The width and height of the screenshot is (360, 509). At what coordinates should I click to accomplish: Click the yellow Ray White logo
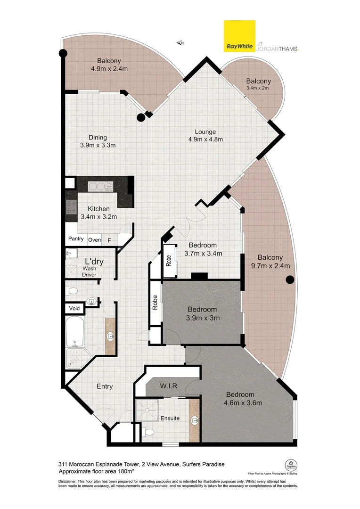239,36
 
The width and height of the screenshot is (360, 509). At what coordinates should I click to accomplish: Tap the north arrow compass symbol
180,43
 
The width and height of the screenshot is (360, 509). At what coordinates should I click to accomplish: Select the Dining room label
98,138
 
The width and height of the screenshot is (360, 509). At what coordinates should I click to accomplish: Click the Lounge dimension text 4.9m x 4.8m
205,139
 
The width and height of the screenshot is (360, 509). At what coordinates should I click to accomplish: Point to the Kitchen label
98,209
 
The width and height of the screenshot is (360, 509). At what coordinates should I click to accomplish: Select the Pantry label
76,239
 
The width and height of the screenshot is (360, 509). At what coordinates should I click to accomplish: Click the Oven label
94,239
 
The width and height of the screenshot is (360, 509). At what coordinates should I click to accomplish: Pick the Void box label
74,309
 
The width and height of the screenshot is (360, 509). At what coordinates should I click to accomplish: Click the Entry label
105,386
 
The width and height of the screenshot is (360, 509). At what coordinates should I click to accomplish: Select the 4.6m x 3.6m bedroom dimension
243,403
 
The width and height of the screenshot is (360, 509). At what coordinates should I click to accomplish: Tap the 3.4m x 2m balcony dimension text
257,88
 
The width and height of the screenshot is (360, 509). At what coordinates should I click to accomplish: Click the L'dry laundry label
94,262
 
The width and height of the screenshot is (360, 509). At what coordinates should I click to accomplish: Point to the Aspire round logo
291,464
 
